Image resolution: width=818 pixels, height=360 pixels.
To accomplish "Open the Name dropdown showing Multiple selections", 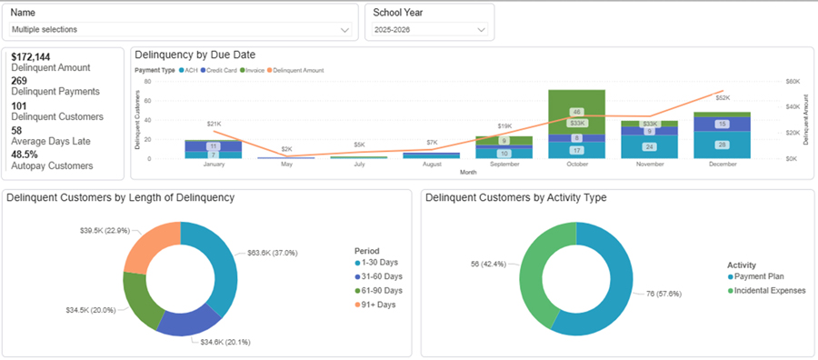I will point(179,30).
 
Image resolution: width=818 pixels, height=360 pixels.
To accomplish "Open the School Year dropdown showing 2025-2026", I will point(429,30).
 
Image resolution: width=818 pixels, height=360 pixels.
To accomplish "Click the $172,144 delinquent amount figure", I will point(31,57).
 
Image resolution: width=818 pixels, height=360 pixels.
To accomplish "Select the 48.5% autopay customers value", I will point(25,155).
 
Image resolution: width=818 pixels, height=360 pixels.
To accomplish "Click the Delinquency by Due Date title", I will point(197,55).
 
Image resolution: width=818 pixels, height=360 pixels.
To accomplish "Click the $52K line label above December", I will point(723,97).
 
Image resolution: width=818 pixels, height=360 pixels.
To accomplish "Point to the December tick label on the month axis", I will point(722,164).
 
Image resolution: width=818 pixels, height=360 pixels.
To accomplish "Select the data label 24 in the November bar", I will point(649,146).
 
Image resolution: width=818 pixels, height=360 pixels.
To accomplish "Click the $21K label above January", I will point(214,124).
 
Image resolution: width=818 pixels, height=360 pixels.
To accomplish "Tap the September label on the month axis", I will point(504,164).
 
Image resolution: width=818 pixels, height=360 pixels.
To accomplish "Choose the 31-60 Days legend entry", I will point(380,276).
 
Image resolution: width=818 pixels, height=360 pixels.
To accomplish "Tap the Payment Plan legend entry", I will point(762,276).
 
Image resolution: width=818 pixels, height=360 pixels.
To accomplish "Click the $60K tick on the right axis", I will point(793,81).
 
